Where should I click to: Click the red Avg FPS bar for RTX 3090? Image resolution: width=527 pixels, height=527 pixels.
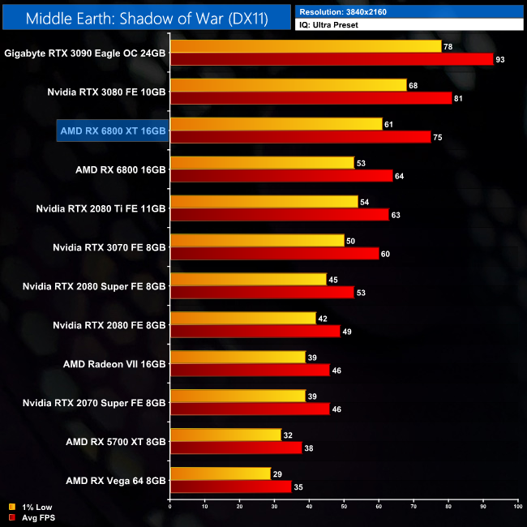click(x=331, y=59)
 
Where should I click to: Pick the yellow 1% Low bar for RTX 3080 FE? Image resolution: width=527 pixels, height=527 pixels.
click(x=288, y=85)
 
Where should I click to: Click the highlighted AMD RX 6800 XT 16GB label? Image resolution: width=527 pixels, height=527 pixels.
click(x=113, y=131)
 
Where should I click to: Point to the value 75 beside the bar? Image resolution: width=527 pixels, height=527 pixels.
click(x=438, y=137)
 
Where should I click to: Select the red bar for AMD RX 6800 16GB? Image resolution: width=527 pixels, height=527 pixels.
click(x=281, y=176)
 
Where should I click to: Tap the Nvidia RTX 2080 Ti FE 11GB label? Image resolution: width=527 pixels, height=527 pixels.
click(x=101, y=208)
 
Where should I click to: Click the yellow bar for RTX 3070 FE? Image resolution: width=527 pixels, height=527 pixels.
click(x=257, y=241)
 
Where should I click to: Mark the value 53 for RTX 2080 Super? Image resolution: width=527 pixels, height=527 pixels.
click(x=361, y=293)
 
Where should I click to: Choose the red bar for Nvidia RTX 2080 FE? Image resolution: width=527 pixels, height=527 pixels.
click(x=255, y=332)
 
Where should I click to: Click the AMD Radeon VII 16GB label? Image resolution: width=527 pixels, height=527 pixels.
click(x=114, y=364)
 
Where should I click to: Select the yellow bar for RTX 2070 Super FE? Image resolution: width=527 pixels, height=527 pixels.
click(x=238, y=396)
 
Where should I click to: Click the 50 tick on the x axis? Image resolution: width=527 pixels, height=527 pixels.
click(x=344, y=508)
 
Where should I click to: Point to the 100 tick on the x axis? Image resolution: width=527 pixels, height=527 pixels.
click(x=517, y=508)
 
